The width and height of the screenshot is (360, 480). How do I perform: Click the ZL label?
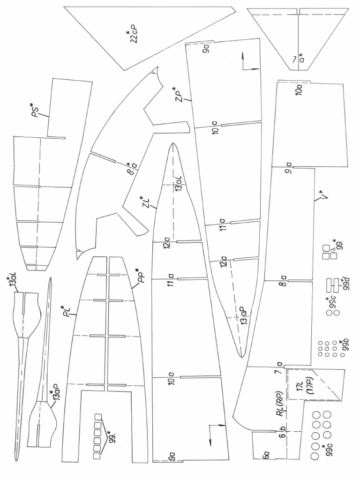click(x=146, y=203)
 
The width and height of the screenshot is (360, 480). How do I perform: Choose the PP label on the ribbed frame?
click(x=140, y=277)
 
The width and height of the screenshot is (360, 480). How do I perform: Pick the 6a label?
click(x=265, y=455)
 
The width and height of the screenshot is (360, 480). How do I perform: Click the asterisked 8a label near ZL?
click(x=132, y=167)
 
